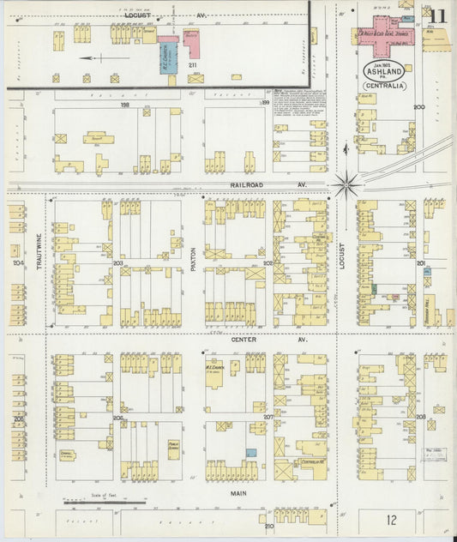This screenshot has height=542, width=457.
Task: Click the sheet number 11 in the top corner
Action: pos(438,15)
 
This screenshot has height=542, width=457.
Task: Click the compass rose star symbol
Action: pos(347,183)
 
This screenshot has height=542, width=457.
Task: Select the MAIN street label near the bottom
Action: pos(238,494)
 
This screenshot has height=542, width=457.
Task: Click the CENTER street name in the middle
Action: pos(244,340)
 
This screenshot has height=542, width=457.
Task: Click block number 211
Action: pos(193,64)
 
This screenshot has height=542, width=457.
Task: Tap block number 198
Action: pos(124,105)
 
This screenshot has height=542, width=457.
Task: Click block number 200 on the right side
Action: pos(419,106)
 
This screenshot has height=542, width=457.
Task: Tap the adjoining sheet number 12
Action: pos(391,520)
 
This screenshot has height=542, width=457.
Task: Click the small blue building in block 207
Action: pos(250,452)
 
